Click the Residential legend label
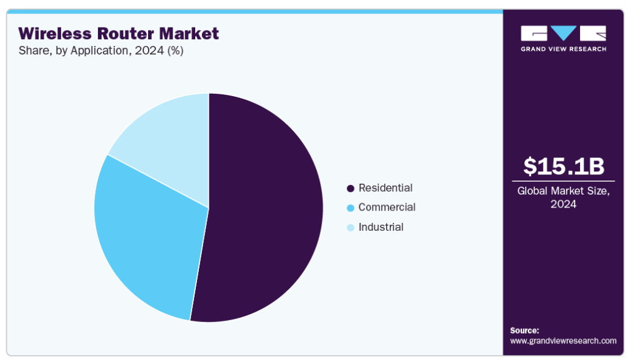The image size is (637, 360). click(x=385, y=188)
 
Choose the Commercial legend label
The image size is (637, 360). click(x=387, y=207)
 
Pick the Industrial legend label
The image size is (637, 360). click(x=381, y=227)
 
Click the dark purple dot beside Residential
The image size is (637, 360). click(x=350, y=188)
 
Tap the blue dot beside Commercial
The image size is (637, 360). click(x=350, y=208)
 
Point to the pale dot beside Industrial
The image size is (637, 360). click(x=350, y=228)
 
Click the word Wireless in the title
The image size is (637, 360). click(x=55, y=33)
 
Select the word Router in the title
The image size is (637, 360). click(x=125, y=33)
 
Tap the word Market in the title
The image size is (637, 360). click(x=189, y=33)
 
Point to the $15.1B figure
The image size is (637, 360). click(x=564, y=166)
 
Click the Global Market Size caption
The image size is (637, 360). click(x=564, y=197)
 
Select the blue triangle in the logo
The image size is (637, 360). click(x=564, y=33)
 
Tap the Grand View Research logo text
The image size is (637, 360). click(x=564, y=49)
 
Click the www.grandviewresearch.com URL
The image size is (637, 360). click(x=563, y=340)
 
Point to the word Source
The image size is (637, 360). click(x=524, y=331)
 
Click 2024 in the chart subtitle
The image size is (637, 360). click(x=149, y=50)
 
